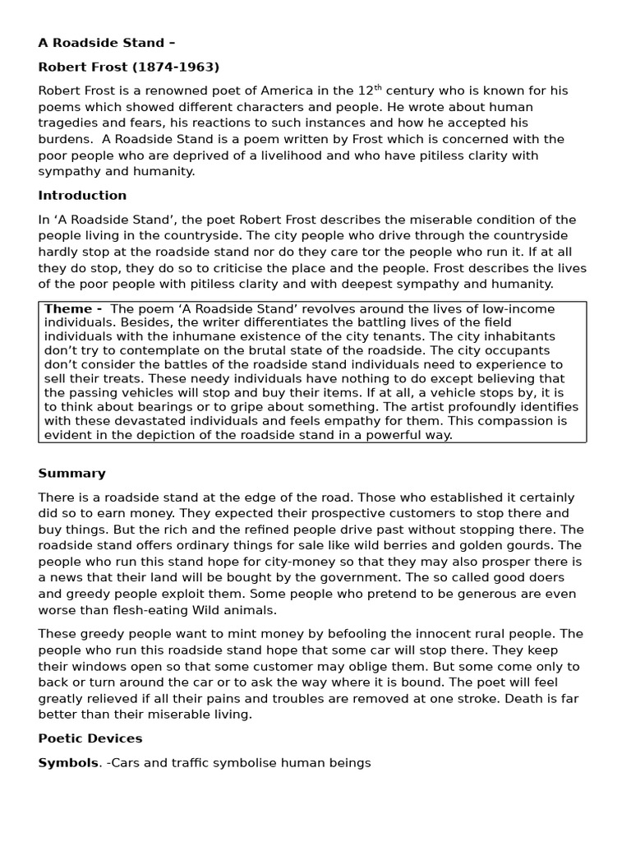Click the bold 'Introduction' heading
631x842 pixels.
click(82, 196)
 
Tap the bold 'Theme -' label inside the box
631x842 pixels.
click(73, 309)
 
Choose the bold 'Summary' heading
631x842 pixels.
click(71, 474)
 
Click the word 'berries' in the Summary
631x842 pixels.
click(444, 546)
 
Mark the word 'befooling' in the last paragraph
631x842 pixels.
click(329, 634)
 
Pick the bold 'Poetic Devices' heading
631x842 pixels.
click(90, 738)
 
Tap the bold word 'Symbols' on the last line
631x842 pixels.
click(68, 763)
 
